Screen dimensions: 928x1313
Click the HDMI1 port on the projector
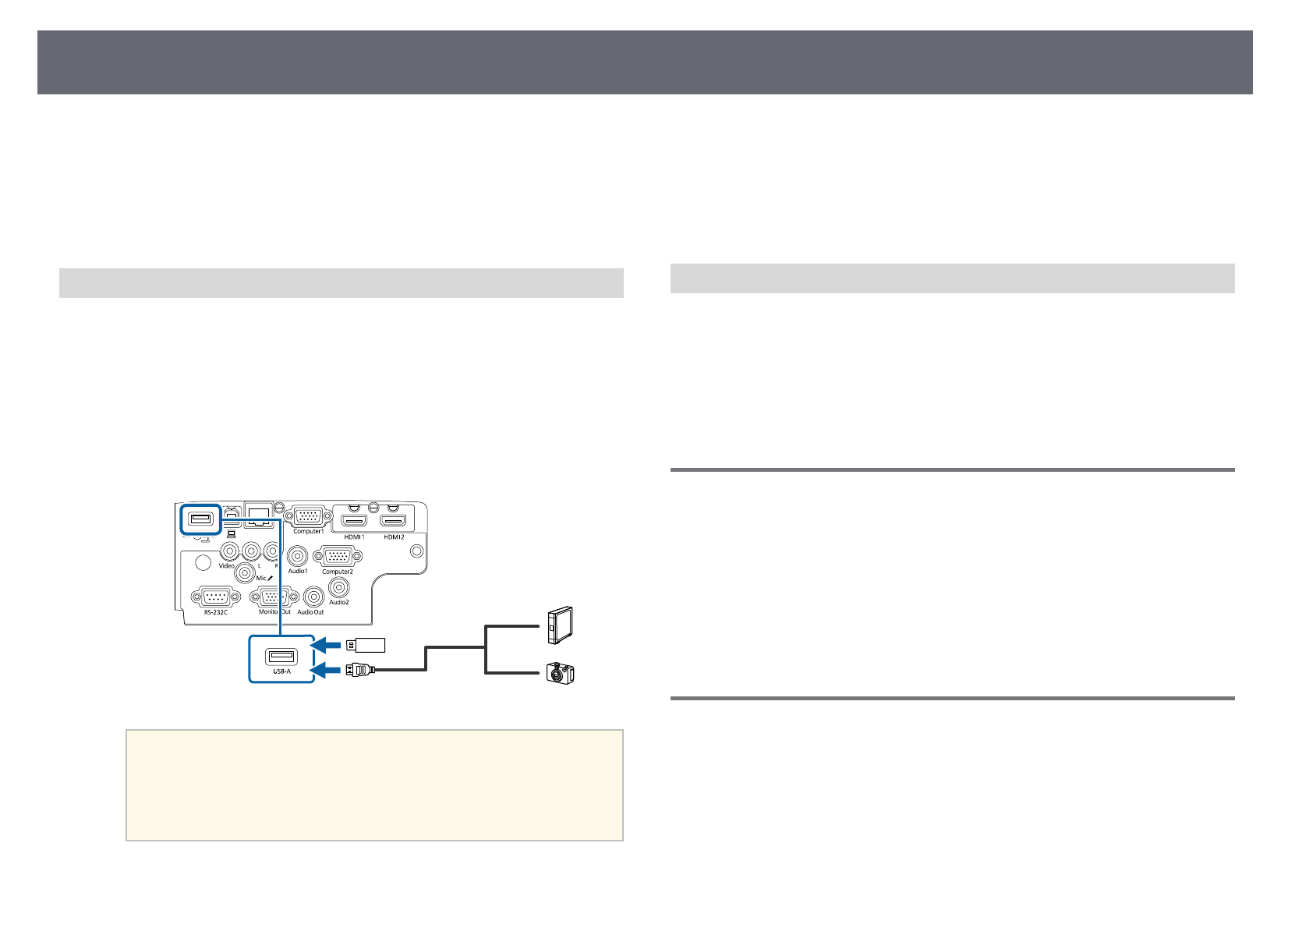coord(355,520)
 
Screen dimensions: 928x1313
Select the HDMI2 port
coord(394,520)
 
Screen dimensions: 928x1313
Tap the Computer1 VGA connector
coord(307,516)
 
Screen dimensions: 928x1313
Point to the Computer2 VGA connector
coord(337,557)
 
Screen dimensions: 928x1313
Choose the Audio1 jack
coord(297,556)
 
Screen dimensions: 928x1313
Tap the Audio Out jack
coord(314,597)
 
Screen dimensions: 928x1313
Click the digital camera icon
coord(560,672)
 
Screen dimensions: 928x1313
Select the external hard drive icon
coord(560,625)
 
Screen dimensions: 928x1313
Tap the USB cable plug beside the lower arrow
coord(361,669)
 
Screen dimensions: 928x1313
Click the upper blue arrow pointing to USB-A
coord(327,645)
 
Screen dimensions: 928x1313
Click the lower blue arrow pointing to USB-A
coord(327,669)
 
